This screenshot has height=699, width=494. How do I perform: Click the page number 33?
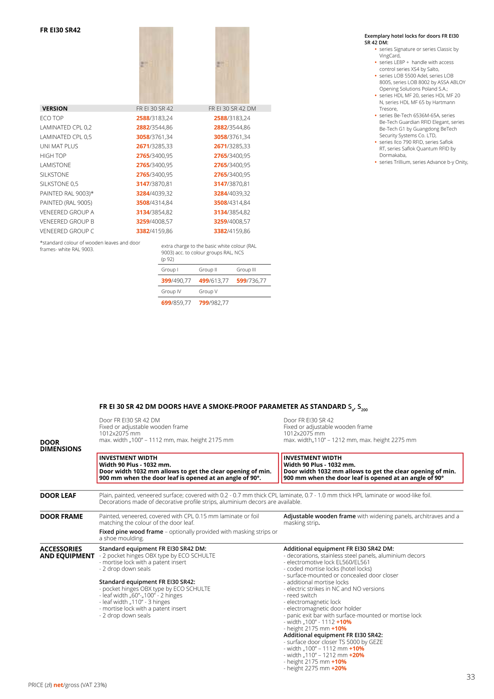pos(470,677)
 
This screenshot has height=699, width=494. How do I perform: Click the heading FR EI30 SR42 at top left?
pos(60,30)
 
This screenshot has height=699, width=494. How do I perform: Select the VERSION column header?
pos(55,108)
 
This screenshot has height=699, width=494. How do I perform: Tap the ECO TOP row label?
pos(52,118)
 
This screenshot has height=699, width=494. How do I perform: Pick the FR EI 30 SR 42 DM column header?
pos(232,108)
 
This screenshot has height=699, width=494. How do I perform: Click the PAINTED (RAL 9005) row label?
pos(66,203)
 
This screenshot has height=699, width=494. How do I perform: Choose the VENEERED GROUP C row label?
pos(67,231)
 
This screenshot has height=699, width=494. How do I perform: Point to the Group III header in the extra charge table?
pos(246,270)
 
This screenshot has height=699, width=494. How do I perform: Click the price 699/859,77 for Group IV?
pos(176,303)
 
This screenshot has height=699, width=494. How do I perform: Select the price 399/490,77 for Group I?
pos(176,280)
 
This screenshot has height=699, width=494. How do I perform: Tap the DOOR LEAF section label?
pos(58,495)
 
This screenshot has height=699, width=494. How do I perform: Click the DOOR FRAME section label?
pos(61,516)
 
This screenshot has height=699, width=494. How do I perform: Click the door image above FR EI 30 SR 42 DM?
pos(232,65)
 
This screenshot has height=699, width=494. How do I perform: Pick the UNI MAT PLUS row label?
pos(59,146)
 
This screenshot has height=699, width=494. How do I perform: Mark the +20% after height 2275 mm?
pos(339,668)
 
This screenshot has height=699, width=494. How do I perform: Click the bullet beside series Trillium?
pos(375,162)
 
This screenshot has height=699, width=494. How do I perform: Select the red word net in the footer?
pos(58,685)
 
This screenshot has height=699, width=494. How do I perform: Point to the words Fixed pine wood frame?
pos(131,532)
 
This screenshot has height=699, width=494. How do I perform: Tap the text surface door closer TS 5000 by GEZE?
pos(335,642)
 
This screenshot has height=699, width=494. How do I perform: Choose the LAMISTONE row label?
pos(55,165)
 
